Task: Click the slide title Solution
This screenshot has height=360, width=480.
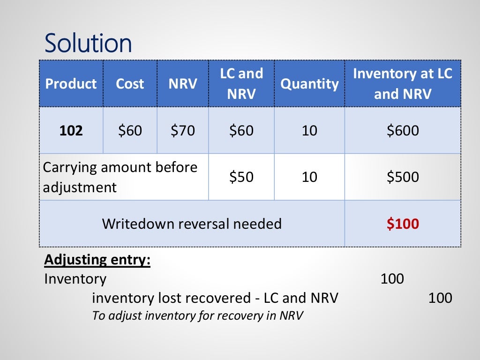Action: pyautogui.click(x=88, y=43)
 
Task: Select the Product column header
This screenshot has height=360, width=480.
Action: pyautogui.click(x=71, y=84)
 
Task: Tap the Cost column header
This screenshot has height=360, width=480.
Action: pyautogui.click(x=130, y=84)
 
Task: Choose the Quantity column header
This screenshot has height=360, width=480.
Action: pyautogui.click(x=309, y=84)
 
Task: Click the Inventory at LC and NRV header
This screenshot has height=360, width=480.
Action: pyautogui.click(x=402, y=83)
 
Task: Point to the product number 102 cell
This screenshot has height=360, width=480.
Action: pyautogui.click(x=71, y=130)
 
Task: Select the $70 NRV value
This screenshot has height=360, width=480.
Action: pyautogui.click(x=182, y=130)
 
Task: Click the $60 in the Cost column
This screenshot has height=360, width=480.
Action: pyautogui.click(x=130, y=130)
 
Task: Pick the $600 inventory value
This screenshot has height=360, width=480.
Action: pyautogui.click(x=403, y=130)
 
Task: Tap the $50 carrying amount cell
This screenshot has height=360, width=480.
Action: pyautogui.click(x=241, y=177)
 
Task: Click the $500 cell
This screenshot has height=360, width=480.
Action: pyautogui.click(x=403, y=177)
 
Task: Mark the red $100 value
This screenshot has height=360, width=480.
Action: pyautogui.click(x=403, y=224)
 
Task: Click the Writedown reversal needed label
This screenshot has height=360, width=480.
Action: pyautogui.click(x=192, y=224)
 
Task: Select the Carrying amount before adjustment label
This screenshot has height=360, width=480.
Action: pyautogui.click(x=120, y=177)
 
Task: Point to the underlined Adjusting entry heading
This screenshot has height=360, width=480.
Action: pyautogui.click(x=97, y=260)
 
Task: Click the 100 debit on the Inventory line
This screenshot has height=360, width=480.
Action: pyautogui.click(x=392, y=279)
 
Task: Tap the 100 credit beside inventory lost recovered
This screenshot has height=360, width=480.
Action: pyautogui.click(x=440, y=298)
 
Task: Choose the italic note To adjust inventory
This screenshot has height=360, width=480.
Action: pyautogui.click(x=197, y=315)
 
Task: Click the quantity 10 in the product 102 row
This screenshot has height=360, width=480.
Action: pyautogui.click(x=309, y=130)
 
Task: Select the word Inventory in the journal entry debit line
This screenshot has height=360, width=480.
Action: pyautogui.click(x=75, y=279)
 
